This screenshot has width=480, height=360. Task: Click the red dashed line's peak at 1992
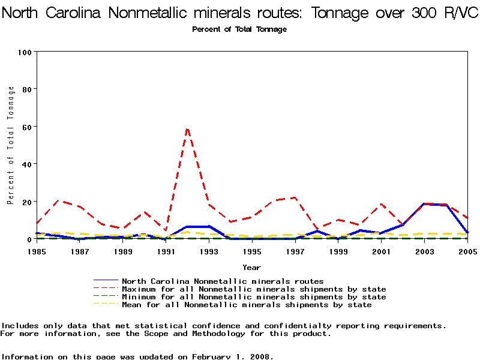pyautogui.click(x=187, y=128)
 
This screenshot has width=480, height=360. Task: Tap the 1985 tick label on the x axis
pyautogui.click(x=37, y=252)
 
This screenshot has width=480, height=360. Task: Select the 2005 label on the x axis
pyautogui.click(x=467, y=252)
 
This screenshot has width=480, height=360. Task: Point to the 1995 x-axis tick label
pyautogui.click(x=252, y=252)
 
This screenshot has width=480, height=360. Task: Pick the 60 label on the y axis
pyautogui.click(x=26, y=127)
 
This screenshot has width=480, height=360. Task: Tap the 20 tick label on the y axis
pyautogui.click(x=26, y=202)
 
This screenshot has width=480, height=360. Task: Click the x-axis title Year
pyautogui.click(x=252, y=267)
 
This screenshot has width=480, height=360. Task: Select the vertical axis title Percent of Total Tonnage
pyautogui.click(x=11, y=145)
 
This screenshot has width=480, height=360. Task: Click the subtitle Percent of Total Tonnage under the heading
pyautogui.click(x=239, y=29)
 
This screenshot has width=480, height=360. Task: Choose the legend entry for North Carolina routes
pyautogui.click(x=222, y=281)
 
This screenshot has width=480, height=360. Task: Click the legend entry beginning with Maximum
pyautogui.click(x=253, y=289)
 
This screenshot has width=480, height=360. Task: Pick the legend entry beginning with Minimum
pyautogui.click(x=253, y=297)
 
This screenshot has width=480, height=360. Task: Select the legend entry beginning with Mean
pyautogui.click(x=246, y=305)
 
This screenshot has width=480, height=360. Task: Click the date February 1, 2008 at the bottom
pyautogui.click(x=233, y=356)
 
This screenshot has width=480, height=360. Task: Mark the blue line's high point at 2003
pyautogui.click(x=424, y=204)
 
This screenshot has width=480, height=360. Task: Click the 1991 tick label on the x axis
pyautogui.click(x=166, y=252)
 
